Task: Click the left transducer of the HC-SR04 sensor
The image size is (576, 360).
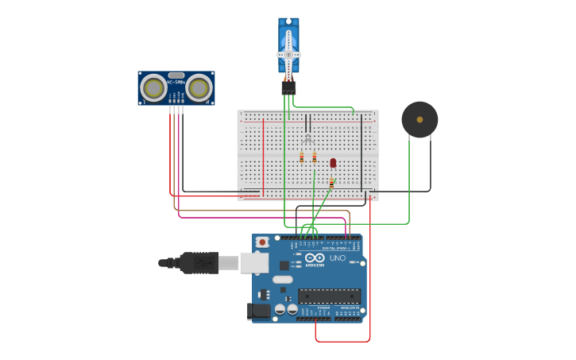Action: click(x=153, y=87)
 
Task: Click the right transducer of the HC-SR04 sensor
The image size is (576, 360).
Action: click(x=199, y=87)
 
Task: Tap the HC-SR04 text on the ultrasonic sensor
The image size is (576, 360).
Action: click(x=176, y=83)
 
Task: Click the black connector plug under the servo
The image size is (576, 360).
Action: click(x=288, y=87)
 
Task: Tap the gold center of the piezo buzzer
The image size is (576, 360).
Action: click(x=419, y=119)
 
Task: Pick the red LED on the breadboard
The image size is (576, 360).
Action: click(x=333, y=163)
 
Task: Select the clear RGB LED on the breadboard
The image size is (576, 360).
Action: click(x=307, y=139)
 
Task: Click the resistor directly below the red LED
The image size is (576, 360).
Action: click(x=331, y=182)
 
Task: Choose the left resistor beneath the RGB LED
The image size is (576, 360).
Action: click(x=302, y=157)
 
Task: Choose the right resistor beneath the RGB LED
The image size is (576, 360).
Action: click(x=315, y=157)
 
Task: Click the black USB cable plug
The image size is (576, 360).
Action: click(x=199, y=262)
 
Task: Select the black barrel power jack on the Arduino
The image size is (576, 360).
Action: click(x=259, y=311)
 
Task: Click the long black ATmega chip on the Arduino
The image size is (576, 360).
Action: click(x=329, y=296)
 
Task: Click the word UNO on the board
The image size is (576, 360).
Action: click(x=338, y=258)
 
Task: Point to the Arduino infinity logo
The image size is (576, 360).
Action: click(x=315, y=257)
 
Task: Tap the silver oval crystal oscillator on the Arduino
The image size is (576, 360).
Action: click(x=282, y=280)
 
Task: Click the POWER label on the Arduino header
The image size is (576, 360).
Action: click(x=323, y=308)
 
